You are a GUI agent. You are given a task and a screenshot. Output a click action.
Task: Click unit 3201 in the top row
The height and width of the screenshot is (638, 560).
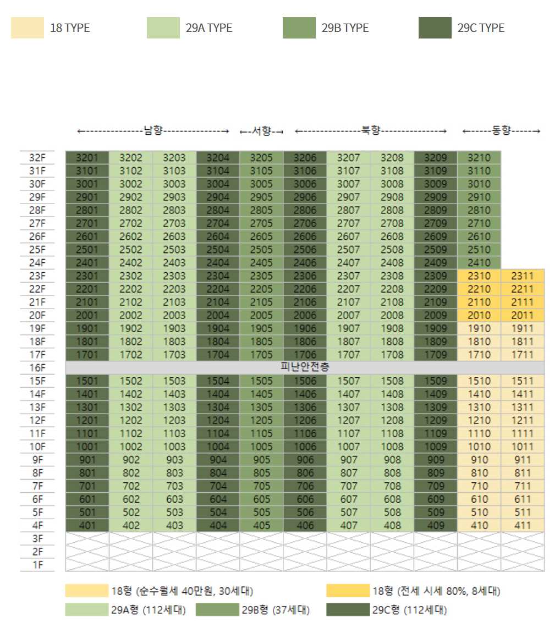87,157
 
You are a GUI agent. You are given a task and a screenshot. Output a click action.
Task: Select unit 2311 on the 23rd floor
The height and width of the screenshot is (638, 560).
523,276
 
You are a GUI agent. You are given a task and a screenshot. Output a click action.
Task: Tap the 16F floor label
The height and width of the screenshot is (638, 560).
37,368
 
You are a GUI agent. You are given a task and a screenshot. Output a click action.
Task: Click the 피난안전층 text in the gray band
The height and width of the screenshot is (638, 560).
305,367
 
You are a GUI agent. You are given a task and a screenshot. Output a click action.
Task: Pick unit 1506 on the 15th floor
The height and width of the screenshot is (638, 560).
305,381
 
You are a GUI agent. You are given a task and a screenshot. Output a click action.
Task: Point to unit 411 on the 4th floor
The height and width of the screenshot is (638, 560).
523,525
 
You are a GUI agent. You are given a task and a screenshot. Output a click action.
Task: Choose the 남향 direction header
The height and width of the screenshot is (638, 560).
153,131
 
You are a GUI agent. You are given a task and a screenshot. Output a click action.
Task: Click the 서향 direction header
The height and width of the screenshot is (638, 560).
261,131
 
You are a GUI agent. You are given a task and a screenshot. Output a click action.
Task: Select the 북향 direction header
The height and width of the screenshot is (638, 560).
370,131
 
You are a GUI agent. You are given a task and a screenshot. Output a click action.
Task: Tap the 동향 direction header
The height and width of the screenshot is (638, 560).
501,131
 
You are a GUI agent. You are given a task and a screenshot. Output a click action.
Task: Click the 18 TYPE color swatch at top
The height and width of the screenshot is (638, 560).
28,28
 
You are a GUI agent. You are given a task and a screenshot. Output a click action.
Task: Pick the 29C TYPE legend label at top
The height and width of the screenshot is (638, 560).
481,28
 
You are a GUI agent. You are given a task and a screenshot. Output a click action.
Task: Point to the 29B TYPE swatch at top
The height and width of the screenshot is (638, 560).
299,28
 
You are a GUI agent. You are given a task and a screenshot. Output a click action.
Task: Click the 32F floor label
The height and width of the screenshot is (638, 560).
37,158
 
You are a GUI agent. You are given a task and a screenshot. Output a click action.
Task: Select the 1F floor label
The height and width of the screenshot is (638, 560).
37,565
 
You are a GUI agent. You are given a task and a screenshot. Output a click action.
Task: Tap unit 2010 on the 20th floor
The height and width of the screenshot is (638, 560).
479,315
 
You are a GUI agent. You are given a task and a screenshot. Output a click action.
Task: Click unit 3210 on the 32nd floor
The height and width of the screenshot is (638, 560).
479,157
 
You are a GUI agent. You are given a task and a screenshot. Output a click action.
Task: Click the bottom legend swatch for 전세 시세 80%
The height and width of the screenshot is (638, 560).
347,591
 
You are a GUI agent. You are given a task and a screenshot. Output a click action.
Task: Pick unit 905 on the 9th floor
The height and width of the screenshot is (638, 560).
261,460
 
